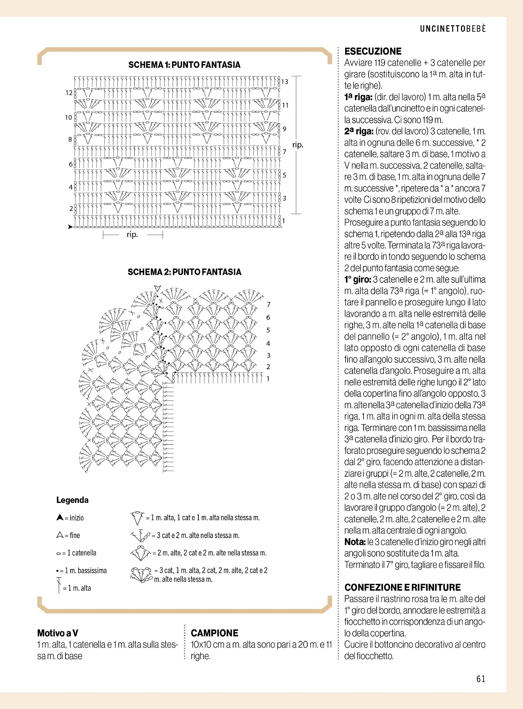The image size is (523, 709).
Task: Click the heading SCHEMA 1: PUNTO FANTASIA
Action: click(184, 65)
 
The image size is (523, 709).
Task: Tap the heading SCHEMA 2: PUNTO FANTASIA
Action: click(184, 272)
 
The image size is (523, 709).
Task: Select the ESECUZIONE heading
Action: click(373, 51)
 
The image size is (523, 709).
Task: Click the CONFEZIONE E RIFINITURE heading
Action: click(402, 587)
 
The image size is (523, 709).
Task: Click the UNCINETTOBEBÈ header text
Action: click(453, 29)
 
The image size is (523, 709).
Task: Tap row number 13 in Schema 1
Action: click(285, 82)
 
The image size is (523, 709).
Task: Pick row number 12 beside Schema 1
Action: click(69, 93)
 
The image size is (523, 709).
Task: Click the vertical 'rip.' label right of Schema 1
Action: click(298, 145)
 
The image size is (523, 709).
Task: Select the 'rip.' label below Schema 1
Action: click(132, 235)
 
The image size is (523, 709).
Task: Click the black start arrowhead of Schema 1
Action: click(70, 227)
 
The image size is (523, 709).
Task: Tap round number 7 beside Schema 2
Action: click(269, 304)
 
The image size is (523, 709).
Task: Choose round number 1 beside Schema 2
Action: click(268, 379)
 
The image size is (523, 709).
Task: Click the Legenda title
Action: click(72, 500)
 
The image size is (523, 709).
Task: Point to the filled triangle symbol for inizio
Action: click(60, 518)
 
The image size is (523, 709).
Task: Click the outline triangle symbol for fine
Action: click(60, 535)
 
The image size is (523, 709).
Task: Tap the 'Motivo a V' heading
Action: click(57, 633)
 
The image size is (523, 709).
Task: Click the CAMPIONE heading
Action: click(214, 633)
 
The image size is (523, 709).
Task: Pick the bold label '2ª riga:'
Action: click(358, 131)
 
